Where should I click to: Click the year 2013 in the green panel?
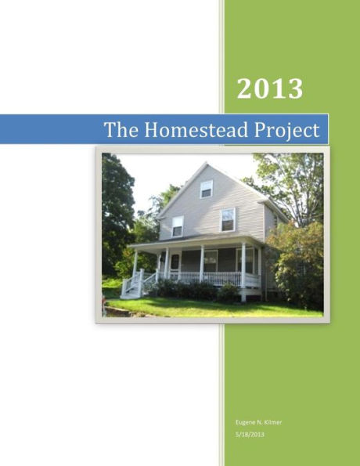(269, 89)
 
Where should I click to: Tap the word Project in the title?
(285, 130)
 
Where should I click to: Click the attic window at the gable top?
(206, 189)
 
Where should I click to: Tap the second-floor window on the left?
(178, 226)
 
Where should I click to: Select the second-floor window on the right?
(228, 219)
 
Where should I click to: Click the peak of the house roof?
(205, 164)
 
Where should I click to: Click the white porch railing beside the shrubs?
(221, 278)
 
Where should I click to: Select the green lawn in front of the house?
(211, 307)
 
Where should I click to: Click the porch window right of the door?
(211, 260)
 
